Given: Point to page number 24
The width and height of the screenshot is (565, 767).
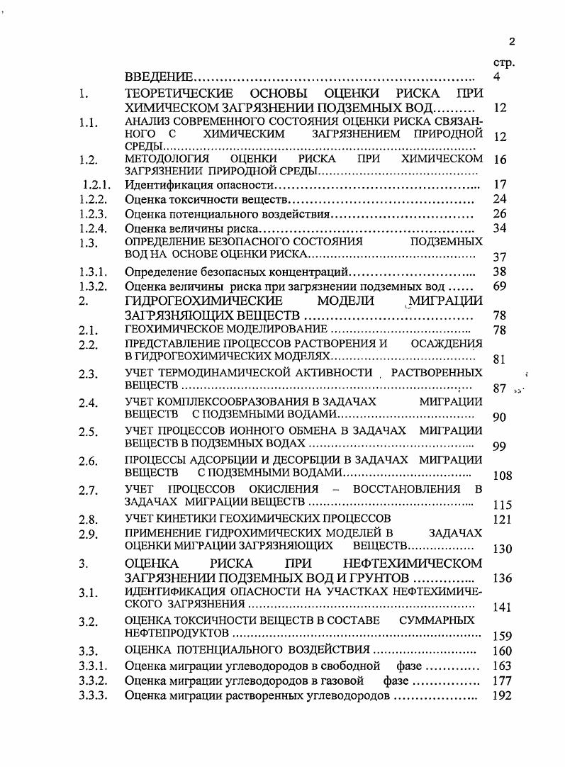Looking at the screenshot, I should pos(499,199).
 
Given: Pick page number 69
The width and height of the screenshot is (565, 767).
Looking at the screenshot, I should pos(499,286).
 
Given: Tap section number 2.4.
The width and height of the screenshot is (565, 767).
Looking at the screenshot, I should pos(89,403).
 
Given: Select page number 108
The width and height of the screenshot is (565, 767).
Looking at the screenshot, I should pos(502,476).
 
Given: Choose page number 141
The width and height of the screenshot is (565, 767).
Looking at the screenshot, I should pos(502,607).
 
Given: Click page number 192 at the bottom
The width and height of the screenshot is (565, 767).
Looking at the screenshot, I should pos(502,695).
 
